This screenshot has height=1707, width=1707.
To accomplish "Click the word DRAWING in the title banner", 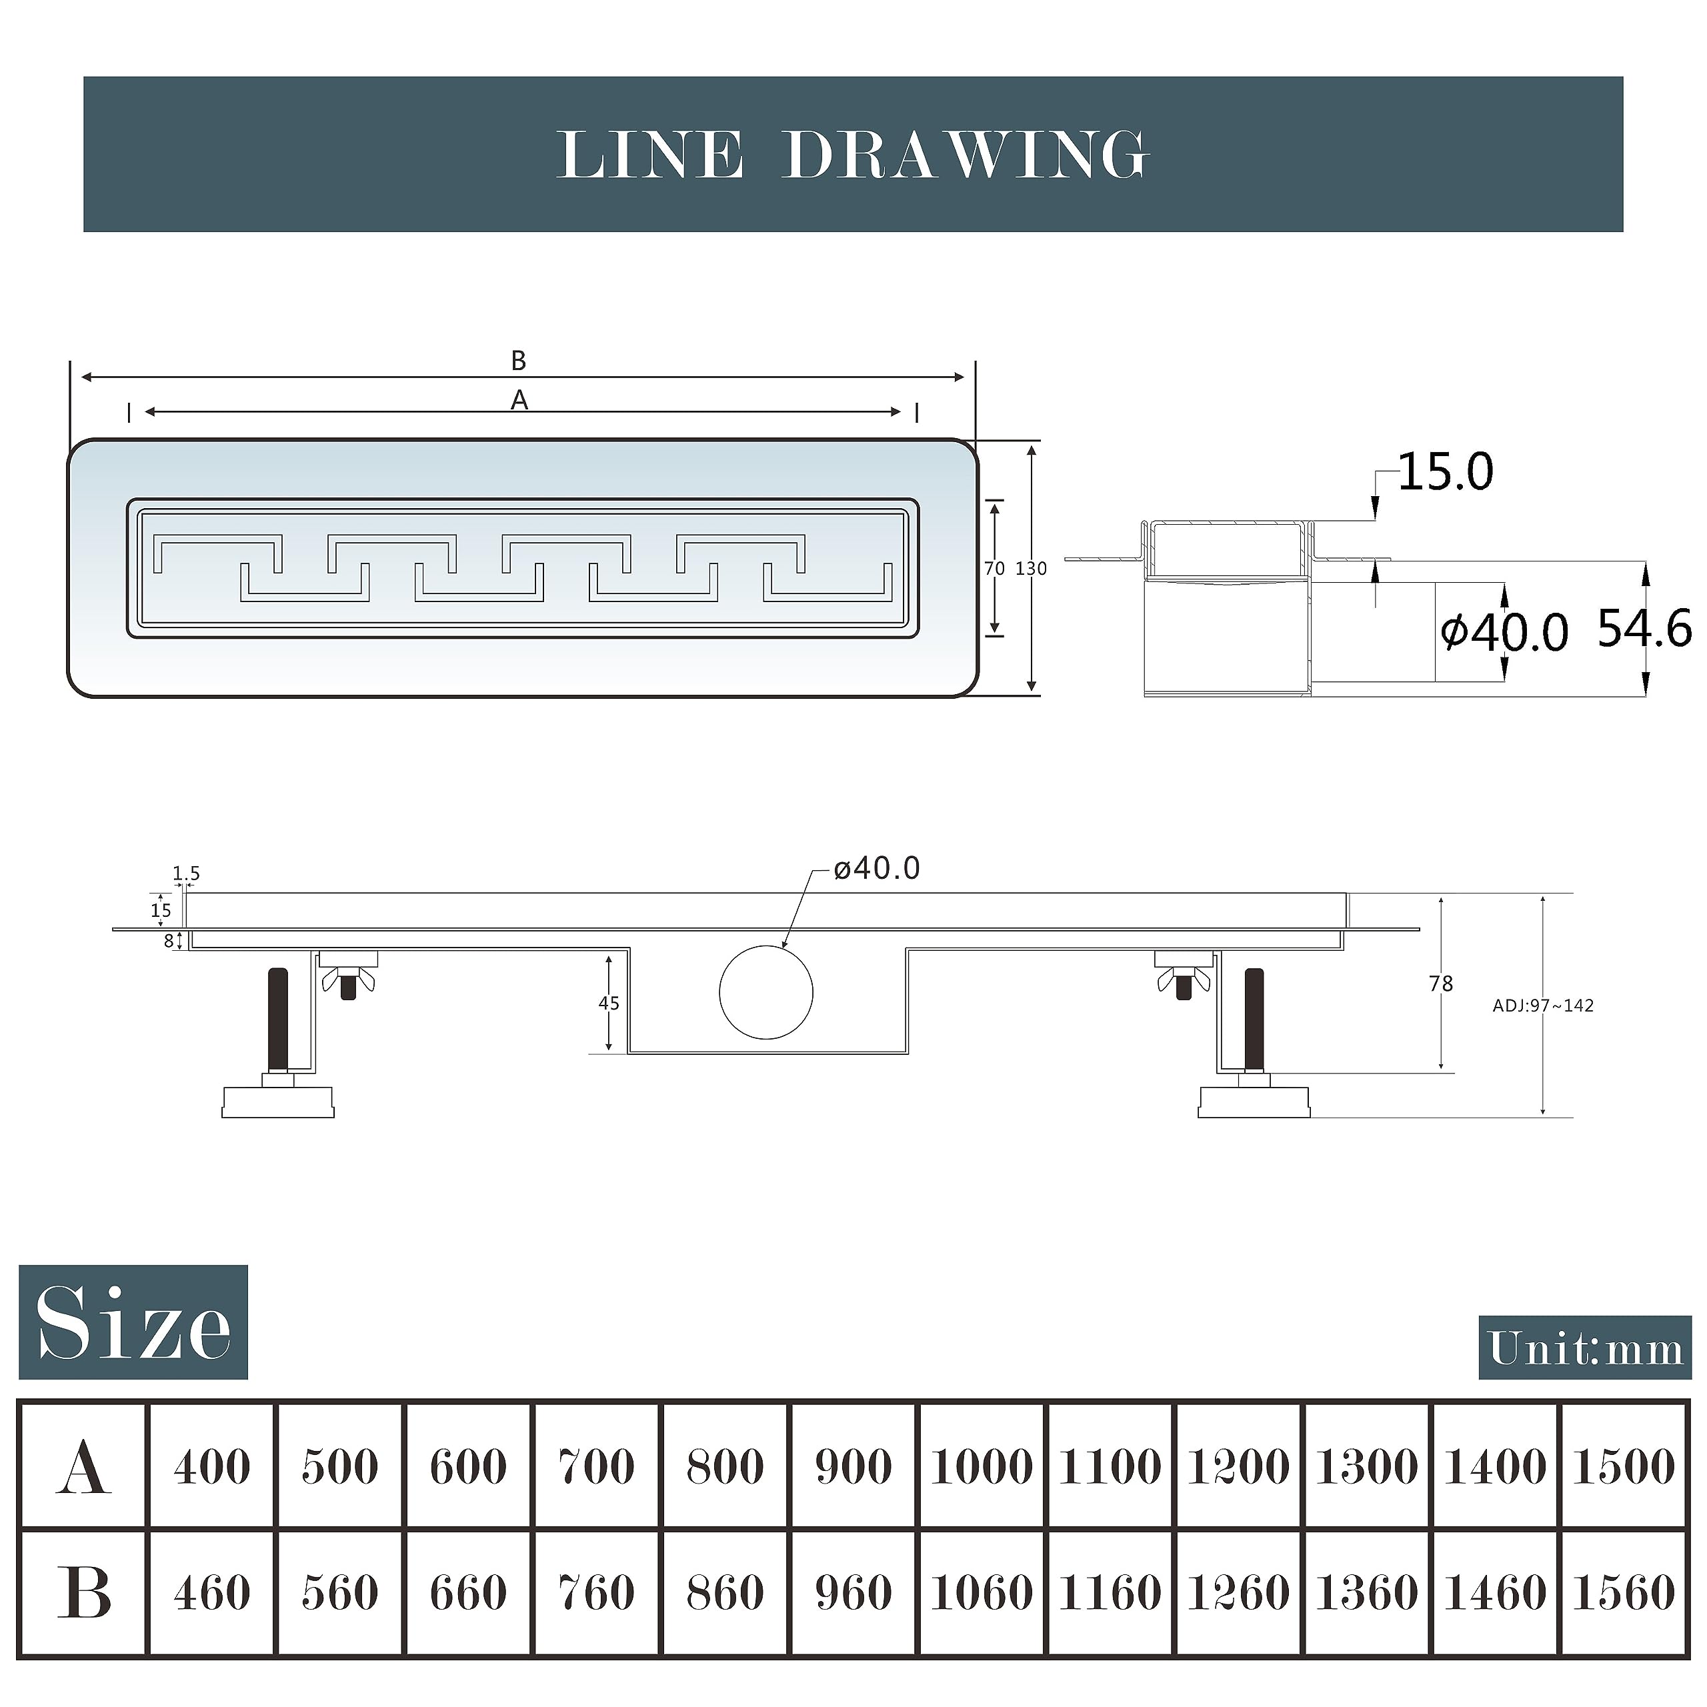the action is click(x=966, y=155).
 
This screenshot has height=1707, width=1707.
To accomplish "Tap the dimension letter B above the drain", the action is click(x=519, y=361).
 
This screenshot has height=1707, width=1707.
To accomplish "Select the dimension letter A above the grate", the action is click(x=519, y=400).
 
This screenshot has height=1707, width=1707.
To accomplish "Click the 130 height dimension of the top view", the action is click(x=1031, y=569).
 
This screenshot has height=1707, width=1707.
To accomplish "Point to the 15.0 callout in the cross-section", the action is click(x=1446, y=472).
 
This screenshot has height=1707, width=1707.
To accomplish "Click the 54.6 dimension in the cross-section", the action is click(x=1645, y=628).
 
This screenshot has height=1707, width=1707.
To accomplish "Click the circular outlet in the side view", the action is click(x=766, y=992).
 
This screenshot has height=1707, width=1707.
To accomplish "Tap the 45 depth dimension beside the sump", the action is click(x=609, y=1003).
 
